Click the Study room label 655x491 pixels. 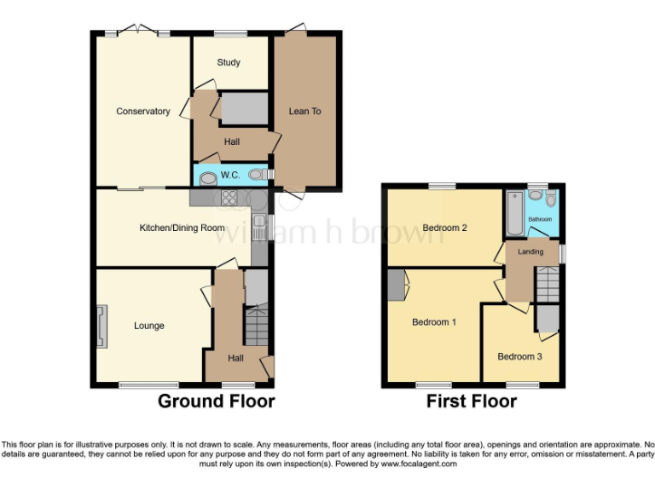click(229, 62)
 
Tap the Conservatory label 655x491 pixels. click(142, 112)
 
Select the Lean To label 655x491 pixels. click(304, 112)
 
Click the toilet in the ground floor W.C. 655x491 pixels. click(256, 175)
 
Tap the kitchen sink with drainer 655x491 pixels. click(259, 227)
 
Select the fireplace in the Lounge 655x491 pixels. click(102, 326)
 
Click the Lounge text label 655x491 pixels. click(148, 326)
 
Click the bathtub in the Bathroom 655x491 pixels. click(513, 214)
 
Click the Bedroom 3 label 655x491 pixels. click(519, 356)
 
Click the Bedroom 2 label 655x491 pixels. click(444, 228)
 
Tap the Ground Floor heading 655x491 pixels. click(216, 401)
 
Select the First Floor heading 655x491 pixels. click(472, 401)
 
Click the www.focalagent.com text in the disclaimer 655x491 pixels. click(418, 465)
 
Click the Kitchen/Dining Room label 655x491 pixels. click(182, 228)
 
